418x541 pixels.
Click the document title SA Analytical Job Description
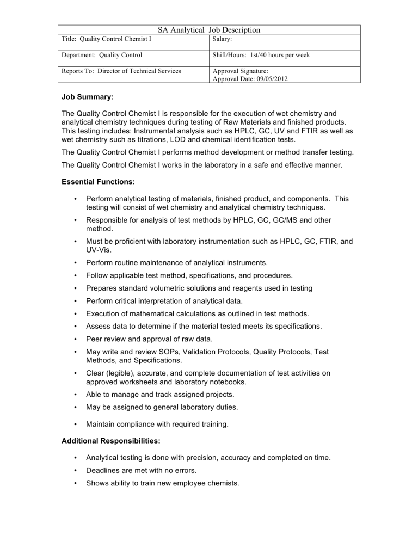(209, 30)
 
